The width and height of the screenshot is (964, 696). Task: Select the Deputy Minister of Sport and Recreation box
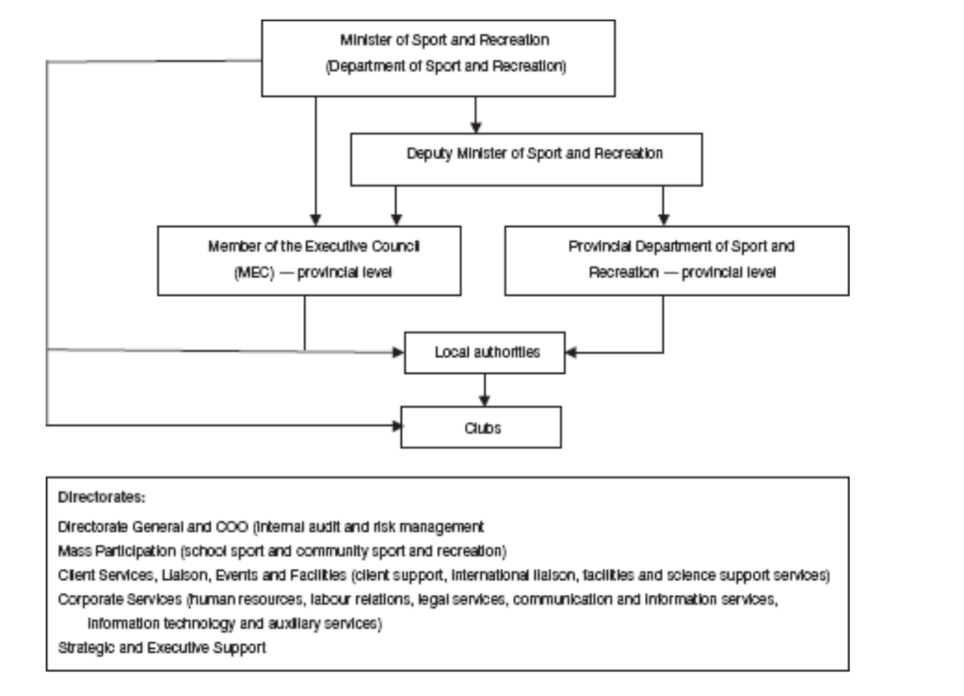(526, 156)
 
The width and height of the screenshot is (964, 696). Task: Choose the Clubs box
(481, 427)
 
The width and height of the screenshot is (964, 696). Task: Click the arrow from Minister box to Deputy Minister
(476, 114)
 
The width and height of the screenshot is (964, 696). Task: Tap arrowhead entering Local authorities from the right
(571, 353)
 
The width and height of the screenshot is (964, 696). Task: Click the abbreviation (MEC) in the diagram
(227, 273)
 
